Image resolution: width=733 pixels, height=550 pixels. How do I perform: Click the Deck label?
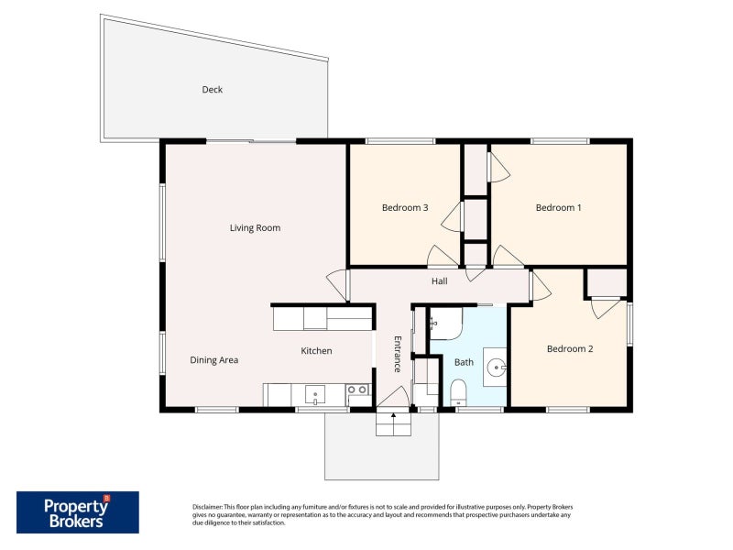[x=212, y=89]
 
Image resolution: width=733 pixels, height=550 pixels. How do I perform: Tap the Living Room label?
[x=255, y=227]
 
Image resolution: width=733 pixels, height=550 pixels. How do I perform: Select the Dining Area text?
[x=213, y=360]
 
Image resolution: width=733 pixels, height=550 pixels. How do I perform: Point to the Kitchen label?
[x=316, y=351]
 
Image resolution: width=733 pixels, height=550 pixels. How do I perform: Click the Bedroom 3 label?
[x=405, y=208]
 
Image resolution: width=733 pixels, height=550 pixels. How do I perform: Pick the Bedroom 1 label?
[x=558, y=208]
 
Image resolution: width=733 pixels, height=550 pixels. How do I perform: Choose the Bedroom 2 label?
[x=570, y=349]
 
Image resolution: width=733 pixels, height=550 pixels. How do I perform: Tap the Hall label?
[x=439, y=281]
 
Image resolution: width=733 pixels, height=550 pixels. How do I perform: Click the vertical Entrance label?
[x=398, y=354]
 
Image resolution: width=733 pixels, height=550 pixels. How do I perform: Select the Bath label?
[x=464, y=362]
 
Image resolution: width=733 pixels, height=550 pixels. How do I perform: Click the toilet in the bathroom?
[x=458, y=392]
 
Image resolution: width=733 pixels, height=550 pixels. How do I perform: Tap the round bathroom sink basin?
[x=496, y=368]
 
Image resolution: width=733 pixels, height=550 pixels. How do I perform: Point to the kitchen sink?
[x=315, y=394]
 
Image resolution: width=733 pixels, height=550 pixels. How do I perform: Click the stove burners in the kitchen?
[x=358, y=389]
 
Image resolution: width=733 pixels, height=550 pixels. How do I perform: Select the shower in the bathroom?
[x=445, y=324]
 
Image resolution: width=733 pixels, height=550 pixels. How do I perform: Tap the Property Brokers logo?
[x=78, y=512]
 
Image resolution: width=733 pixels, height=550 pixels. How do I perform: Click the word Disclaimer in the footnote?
[x=207, y=507]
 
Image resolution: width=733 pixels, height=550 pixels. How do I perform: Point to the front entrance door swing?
[x=394, y=397]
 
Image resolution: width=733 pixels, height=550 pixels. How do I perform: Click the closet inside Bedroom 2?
[x=607, y=283]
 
